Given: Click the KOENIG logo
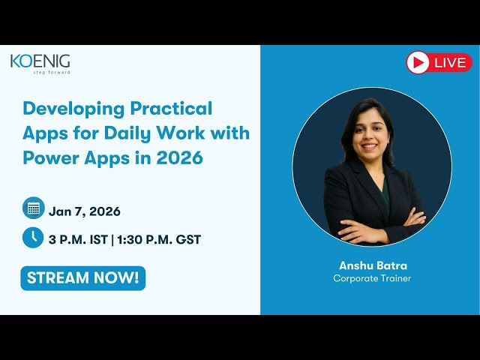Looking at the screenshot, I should [40, 61].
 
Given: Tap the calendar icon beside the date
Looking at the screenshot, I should [32, 208].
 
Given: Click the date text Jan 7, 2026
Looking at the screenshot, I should [85, 211].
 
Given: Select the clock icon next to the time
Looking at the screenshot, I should [32, 237].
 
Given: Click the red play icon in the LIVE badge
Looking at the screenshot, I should [418, 62].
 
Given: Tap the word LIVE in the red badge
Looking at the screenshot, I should [449, 63].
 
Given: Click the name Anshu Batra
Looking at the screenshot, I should [372, 265].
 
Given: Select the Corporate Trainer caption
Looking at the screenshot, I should [372, 278].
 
